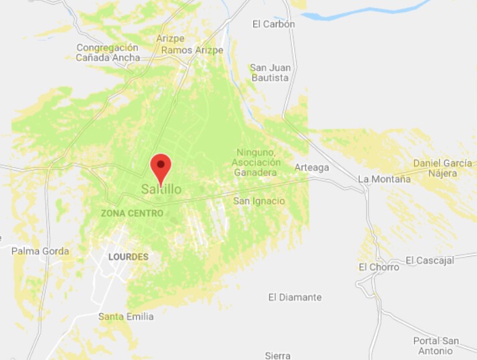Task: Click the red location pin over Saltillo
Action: pos(161,165)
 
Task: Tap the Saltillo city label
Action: pos(161,190)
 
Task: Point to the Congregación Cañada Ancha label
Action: pos(107,52)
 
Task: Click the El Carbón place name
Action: pos(273,24)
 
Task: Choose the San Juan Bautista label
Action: pos(269,72)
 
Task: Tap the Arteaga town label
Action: pos(312,168)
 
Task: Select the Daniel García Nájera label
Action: pos(435,168)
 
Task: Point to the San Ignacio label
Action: pos(259,201)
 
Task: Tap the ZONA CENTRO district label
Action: pos(132,213)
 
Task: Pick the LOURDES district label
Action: pos(128,257)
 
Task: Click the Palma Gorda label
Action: pos(40,251)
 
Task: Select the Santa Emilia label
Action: pos(126,316)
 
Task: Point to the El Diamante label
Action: pos(295,297)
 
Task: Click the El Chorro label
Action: pos(379,267)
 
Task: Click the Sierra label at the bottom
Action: pos(278,355)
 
